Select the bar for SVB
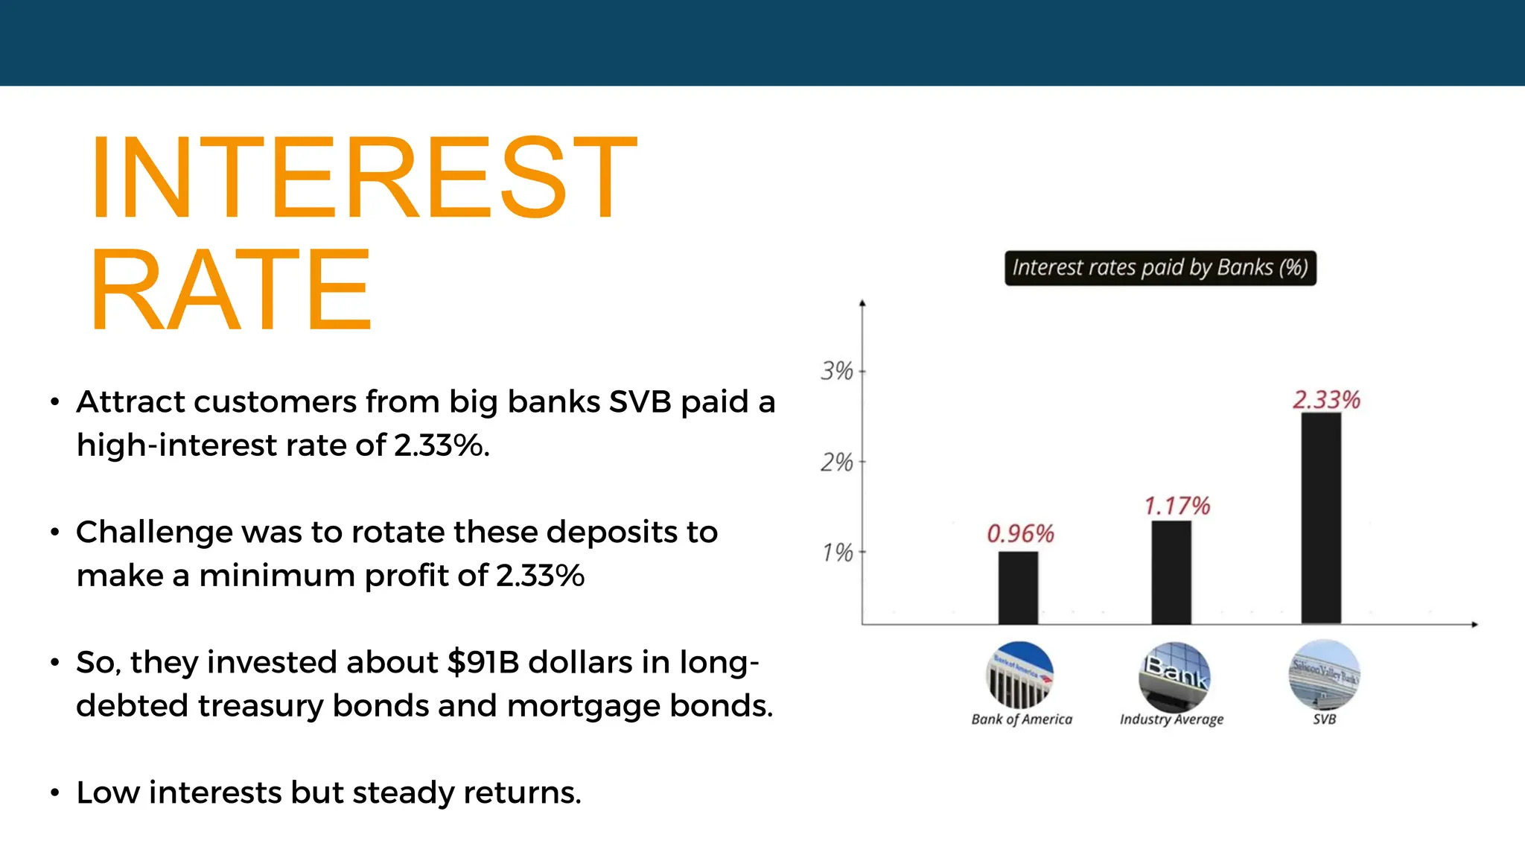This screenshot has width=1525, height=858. (x=1321, y=518)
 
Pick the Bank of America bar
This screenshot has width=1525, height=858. (x=1018, y=588)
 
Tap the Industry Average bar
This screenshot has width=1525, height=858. (x=1171, y=572)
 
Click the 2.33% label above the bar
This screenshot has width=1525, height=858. (x=1326, y=400)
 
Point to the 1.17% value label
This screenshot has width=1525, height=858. (x=1177, y=506)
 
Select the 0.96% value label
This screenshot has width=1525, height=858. (x=1020, y=533)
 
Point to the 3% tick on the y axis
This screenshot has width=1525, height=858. (x=837, y=371)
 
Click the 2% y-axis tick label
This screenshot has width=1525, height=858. (x=837, y=463)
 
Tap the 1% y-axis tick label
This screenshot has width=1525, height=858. (x=837, y=553)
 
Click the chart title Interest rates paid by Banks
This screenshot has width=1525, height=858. (x=1159, y=268)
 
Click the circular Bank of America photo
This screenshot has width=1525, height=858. (x=1019, y=675)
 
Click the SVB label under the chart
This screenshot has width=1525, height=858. (x=1324, y=719)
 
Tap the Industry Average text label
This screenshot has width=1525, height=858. (x=1171, y=719)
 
